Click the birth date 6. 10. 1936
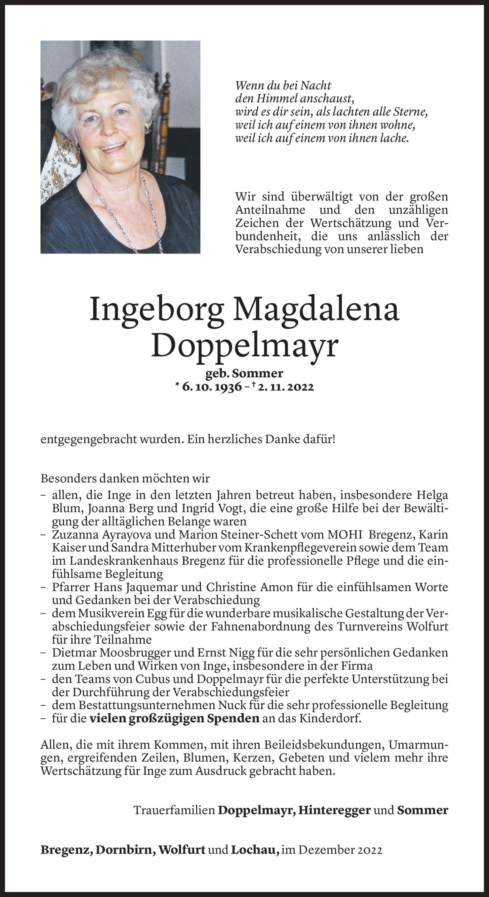pyautogui.click(x=212, y=387)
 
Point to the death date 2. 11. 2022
pyautogui.click(x=286, y=387)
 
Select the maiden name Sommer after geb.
pyautogui.click(x=257, y=373)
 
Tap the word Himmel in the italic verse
pyautogui.click(x=277, y=99)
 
